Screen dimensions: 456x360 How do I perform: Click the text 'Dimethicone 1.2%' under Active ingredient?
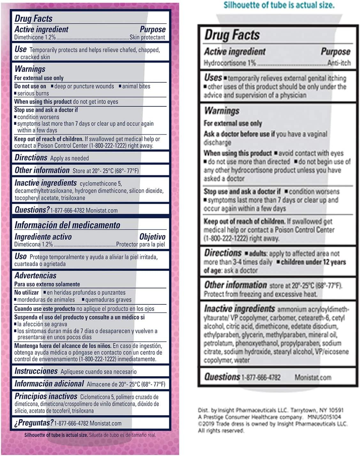click(35, 37)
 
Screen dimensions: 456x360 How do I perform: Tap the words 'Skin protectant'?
click(147, 37)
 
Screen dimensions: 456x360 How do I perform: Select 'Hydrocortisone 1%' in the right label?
click(230, 63)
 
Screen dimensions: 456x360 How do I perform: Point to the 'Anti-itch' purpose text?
click(339, 63)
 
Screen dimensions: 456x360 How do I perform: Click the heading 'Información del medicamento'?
click(67, 225)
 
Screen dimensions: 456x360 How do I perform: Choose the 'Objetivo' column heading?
click(152, 237)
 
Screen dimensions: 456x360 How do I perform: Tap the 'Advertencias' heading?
click(35, 275)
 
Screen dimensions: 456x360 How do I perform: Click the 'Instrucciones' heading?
click(36, 371)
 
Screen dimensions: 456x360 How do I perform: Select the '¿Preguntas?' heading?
click(34, 423)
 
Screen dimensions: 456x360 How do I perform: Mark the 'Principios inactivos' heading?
click(46, 396)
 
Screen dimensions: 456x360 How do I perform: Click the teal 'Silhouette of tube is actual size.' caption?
click(279, 5)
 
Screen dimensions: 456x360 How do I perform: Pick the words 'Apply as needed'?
click(70, 158)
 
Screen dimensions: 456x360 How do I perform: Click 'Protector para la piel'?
click(141, 245)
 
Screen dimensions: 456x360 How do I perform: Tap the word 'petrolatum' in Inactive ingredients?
click(218, 343)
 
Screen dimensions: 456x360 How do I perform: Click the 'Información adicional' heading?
click(49, 384)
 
